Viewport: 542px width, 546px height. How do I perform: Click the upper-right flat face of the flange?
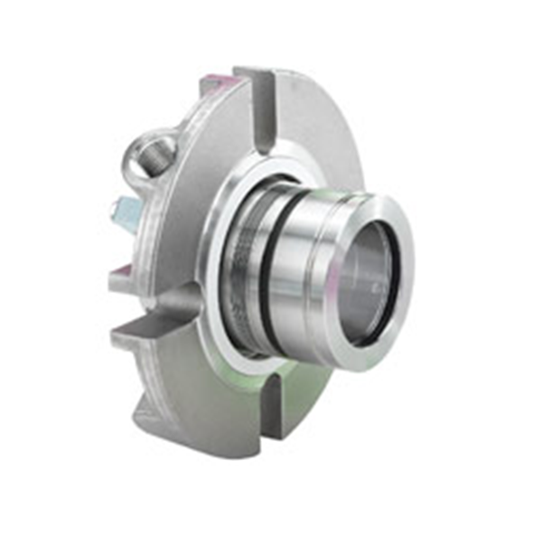point(316,136)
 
